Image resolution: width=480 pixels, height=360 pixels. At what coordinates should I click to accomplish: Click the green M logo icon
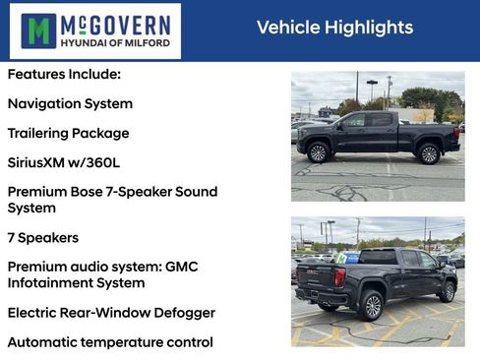tap(39, 30)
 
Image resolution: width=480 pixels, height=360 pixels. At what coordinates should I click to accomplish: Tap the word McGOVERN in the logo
tap(115, 23)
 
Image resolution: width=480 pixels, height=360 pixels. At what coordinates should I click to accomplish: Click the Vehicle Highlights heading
tap(334, 28)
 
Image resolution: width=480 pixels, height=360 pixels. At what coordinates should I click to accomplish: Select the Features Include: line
tap(64, 74)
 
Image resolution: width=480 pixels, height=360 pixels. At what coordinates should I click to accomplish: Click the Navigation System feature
tap(70, 103)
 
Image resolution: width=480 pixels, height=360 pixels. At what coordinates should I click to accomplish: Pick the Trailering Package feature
tap(68, 133)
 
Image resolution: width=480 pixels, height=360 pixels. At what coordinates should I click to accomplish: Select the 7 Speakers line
tap(42, 238)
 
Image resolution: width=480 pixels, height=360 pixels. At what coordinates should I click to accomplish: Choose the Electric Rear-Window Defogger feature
tap(111, 313)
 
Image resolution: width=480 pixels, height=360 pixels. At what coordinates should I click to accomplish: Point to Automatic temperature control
tap(110, 342)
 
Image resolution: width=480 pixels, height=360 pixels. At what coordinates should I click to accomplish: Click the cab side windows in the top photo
tap(368, 120)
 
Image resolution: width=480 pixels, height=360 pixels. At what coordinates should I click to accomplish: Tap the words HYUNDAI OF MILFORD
tap(115, 43)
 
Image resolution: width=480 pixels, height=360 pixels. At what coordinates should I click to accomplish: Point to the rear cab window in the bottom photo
tap(378, 257)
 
